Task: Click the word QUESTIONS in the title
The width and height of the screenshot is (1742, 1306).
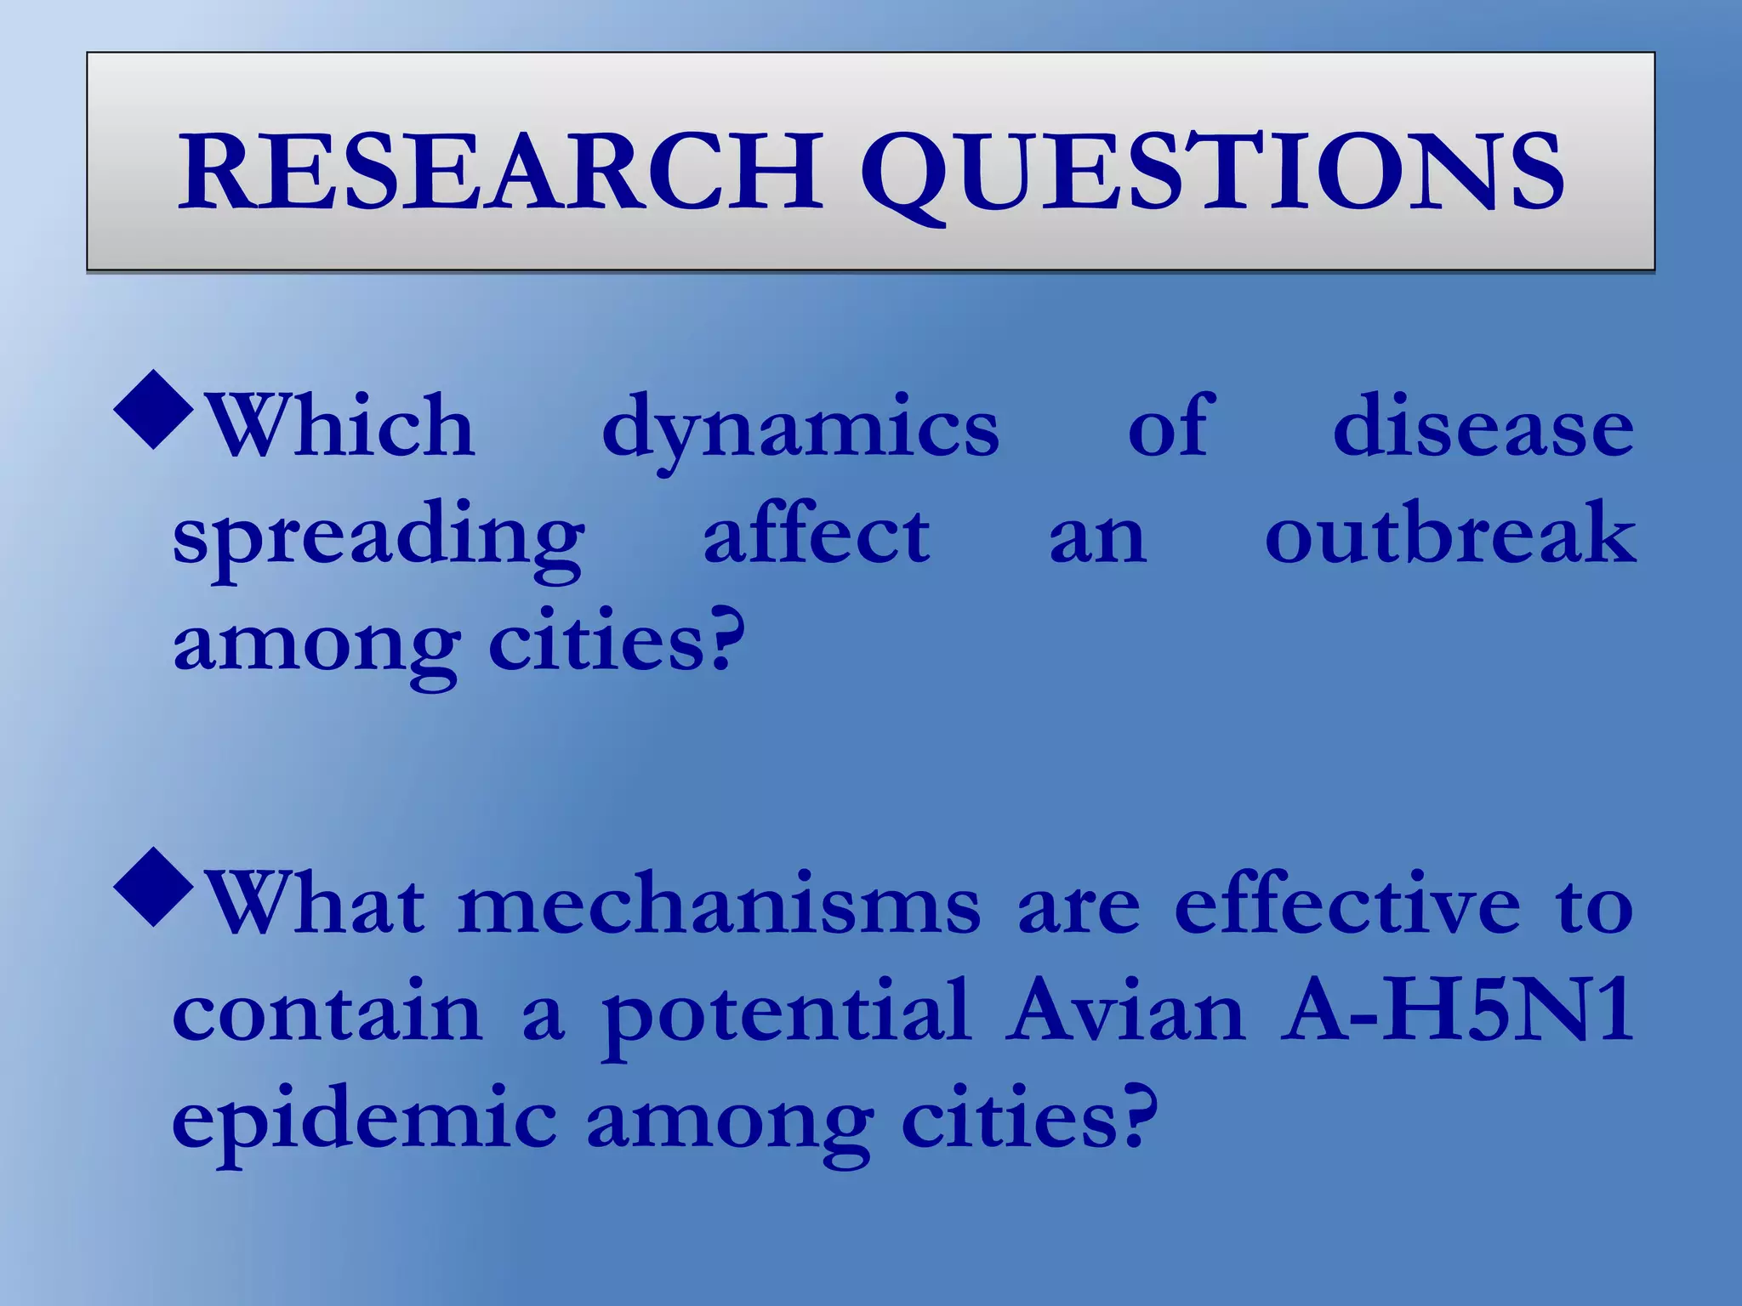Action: coord(1216,174)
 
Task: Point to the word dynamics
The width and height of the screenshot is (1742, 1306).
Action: coord(800,430)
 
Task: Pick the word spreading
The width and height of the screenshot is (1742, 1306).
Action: coord(379,540)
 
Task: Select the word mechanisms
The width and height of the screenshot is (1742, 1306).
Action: coord(719,905)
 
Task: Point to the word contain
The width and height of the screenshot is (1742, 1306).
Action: coord(327,1012)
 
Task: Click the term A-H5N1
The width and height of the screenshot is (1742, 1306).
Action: coord(1458,1012)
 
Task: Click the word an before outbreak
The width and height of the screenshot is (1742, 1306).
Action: coord(1097,540)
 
